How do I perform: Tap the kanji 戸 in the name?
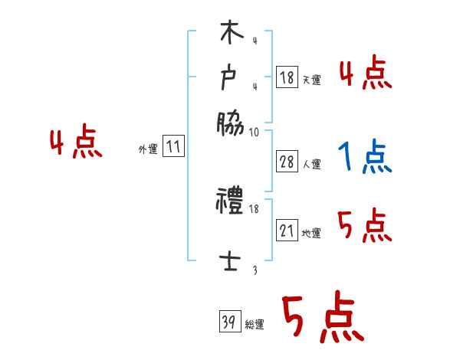(230, 77)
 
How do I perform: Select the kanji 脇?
(230, 123)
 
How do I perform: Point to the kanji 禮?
(230, 203)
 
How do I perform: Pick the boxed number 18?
(287, 77)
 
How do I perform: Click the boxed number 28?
(287, 162)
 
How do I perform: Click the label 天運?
(312, 80)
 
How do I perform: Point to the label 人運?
(312, 164)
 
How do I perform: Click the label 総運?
(255, 324)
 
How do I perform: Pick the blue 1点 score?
(365, 157)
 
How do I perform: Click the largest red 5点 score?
(322, 319)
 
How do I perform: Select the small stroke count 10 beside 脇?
(255, 132)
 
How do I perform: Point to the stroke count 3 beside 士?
(255, 270)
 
